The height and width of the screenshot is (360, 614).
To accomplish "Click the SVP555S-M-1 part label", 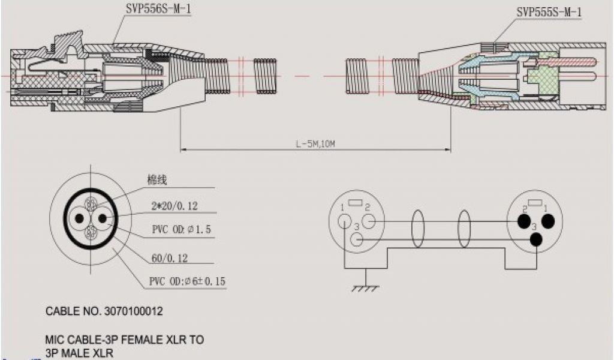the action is tap(549, 12).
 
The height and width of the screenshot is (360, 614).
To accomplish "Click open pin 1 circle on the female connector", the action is tap(344, 221).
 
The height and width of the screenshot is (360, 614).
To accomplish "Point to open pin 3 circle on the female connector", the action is tap(356, 241).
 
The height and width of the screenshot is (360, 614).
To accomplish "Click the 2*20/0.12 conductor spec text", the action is tap(174, 206).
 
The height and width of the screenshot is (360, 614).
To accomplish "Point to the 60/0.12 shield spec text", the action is tap(169, 258).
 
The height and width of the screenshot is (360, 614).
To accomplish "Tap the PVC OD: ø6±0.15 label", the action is tap(187, 281).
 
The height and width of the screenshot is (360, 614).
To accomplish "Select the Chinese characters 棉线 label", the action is tap(156, 179).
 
